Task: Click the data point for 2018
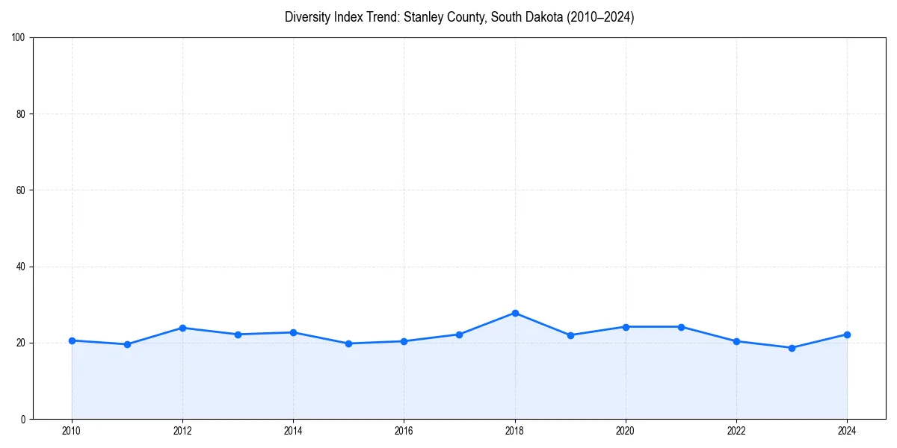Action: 515,313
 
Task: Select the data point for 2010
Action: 72,340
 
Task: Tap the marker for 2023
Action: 792,348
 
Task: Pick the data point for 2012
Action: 182,328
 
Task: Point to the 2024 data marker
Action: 847,335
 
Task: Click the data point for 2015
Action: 348,343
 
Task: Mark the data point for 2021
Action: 681,327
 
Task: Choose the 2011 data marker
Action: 127,344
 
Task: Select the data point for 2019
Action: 570,335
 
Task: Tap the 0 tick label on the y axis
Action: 24,419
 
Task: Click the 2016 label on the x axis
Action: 404,431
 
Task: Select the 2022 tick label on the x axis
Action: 736,431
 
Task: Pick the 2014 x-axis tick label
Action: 293,431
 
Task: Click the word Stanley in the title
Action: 424,17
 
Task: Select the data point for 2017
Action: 460,335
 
